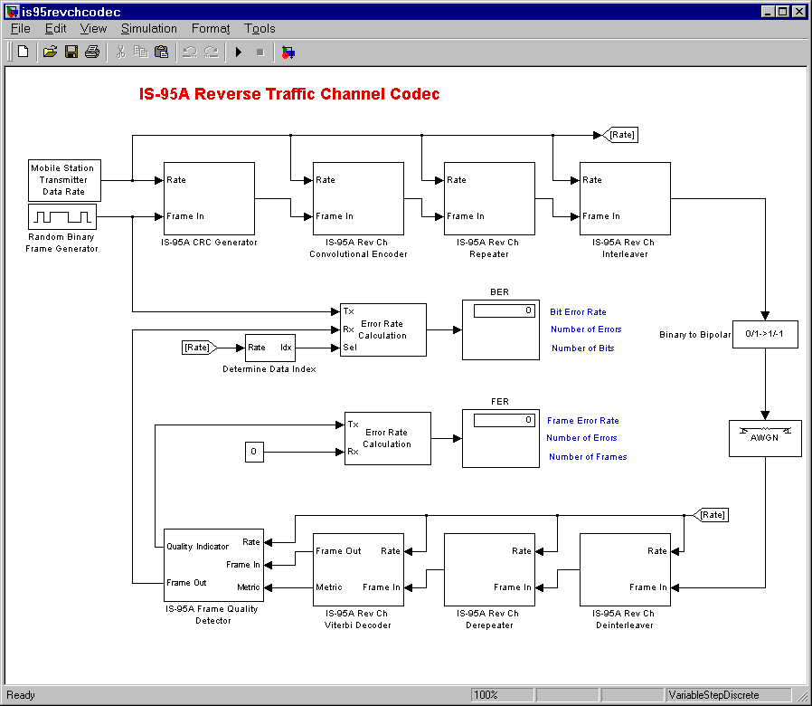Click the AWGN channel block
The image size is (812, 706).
(x=765, y=438)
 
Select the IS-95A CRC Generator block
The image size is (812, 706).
(x=209, y=197)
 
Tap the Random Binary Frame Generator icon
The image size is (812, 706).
(x=62, y=217)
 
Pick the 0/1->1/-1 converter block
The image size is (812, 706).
(x=765, y=334)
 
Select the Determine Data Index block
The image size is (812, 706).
(x=270, y=347)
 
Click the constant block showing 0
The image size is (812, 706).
(x=254, y=451)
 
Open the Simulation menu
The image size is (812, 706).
(x=148, y=29)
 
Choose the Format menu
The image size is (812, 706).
(x=211, y=29)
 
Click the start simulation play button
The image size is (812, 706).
(x=239, y=52)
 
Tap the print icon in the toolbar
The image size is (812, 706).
(x=91, y=52)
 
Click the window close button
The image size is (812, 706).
(x=798, y=11)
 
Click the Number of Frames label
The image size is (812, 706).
(x=587, y=457)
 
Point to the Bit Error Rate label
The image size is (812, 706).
(x=578, y=312)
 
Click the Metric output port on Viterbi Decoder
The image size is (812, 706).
(x=328, y=587)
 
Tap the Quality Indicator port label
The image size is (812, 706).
(x=198, y=547)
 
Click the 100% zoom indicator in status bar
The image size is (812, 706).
(x=486, y=695)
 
